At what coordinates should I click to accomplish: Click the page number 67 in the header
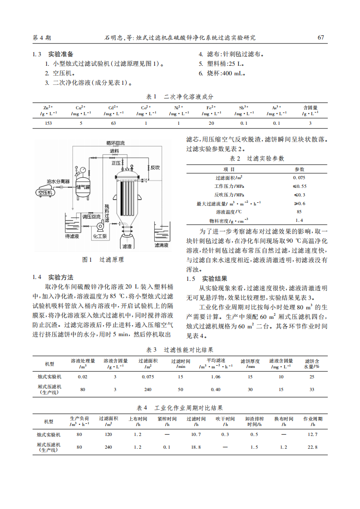321,38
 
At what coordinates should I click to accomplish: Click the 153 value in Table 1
48,123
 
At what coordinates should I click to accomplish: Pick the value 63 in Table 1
113,123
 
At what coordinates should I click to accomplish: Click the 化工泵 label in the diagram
100,236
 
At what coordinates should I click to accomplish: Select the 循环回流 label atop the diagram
115,143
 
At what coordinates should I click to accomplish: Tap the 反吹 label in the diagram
155,167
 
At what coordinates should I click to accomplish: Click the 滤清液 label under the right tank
161,245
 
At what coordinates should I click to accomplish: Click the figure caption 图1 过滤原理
103,260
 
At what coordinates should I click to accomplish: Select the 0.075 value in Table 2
299,178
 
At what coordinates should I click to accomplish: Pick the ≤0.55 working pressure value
299,186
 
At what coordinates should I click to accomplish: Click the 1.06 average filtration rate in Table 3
216,377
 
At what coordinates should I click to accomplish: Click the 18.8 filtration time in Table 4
196,447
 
